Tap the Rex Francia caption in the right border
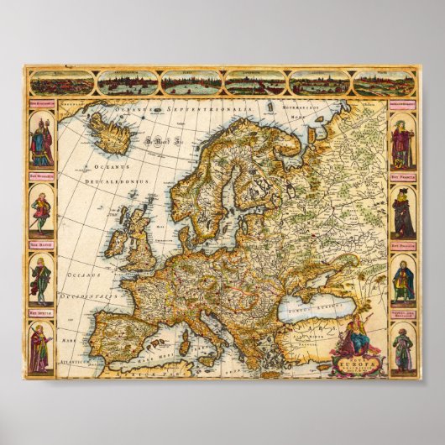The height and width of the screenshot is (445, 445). point(402,177)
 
